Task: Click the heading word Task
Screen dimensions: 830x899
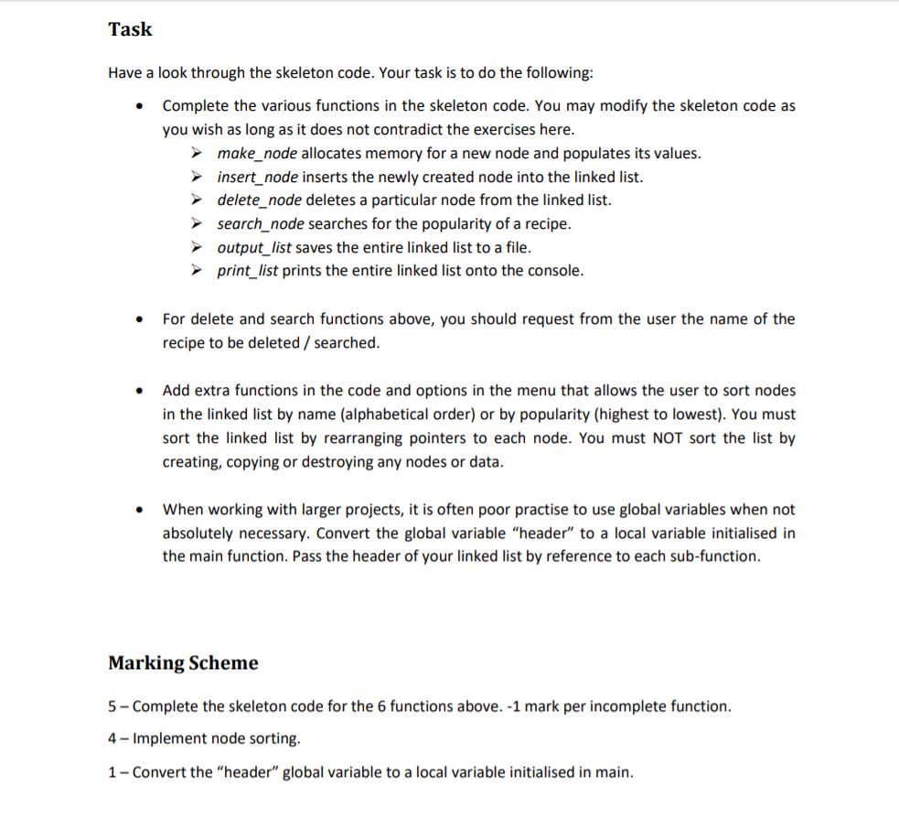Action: pos(130,29)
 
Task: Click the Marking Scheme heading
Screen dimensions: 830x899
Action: pos(183,663)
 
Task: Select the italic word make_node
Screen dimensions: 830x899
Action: pos(256,153)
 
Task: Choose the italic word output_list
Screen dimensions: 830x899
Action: pos(255,247)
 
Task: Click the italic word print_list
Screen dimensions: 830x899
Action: pos(248,270)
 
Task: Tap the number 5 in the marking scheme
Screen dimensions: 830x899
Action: pos(112,706)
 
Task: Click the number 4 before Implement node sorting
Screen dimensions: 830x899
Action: pos(112,738)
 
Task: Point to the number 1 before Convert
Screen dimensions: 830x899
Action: pos(112,771)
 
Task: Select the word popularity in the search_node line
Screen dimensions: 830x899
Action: pos(474,223)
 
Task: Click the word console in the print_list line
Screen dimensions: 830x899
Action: pos(551,270)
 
